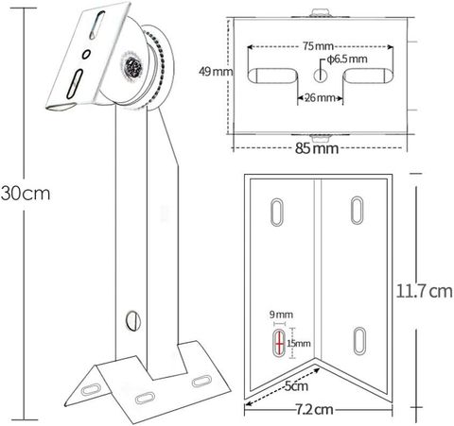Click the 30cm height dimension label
(26, 193)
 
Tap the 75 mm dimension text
(318, 46)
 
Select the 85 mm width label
(317, 148)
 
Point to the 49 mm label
(216, 72)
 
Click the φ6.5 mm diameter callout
(347, 60)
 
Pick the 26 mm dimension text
(320, 97)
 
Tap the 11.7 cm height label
(424, 291)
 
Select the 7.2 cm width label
(314, 410)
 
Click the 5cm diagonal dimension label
(296, 386)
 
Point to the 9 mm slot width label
(281, 315)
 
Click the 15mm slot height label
(299, 343)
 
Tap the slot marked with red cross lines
(279, 343)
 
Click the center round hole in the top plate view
(320, 75)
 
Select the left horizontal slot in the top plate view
(272, 76)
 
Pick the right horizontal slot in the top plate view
(368, 76)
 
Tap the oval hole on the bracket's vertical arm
(133, 320)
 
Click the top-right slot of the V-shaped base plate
(358, 211)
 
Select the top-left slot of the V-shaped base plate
(277, 212)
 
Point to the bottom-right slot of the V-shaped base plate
(359, 341)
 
